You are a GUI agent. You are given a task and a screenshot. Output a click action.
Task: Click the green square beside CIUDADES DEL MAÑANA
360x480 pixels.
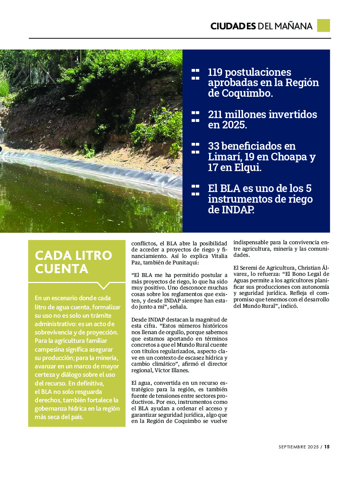point(323,26)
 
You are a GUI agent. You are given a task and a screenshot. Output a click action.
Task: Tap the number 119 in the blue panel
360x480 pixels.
point(216,72)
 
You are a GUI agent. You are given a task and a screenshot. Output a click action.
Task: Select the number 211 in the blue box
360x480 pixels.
point(216,115)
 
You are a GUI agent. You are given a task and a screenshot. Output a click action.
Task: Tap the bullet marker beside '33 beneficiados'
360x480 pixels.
point(195,148)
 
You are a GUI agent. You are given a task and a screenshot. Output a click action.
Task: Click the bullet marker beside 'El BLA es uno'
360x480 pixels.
point(195,190)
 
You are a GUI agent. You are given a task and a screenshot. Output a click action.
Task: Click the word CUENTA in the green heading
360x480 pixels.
point(61,269)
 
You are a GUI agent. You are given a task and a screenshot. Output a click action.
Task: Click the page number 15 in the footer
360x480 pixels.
point(327,447)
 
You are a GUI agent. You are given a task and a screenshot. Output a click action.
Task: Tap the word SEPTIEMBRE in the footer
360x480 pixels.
point(293,447)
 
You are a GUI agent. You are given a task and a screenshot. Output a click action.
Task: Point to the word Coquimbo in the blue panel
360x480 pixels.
point(240,93)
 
